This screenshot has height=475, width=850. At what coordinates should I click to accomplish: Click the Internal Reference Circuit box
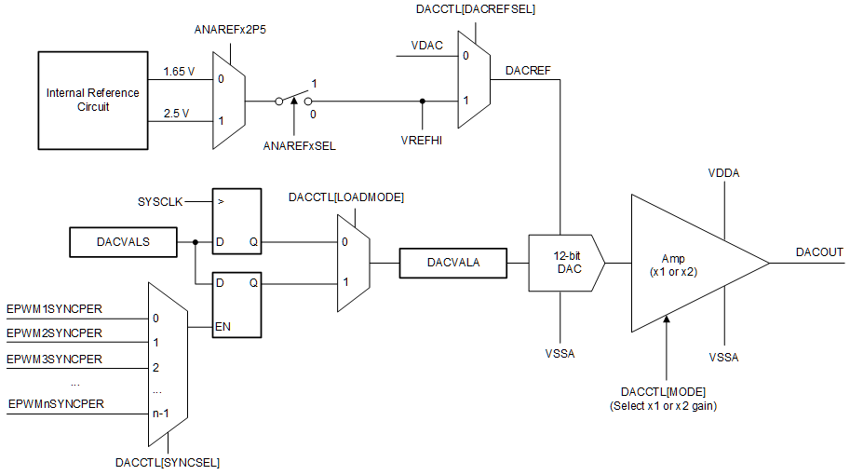pos(93,100)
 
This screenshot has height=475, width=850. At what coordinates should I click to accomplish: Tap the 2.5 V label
pos(176,114)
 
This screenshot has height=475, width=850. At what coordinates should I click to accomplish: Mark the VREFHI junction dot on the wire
pos(423,101)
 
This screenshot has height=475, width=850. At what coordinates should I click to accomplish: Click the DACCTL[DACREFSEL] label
pos(477,8)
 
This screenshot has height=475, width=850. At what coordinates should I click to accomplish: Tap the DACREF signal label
pos(527,70)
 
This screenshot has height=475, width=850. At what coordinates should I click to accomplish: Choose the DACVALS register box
pos(123,242)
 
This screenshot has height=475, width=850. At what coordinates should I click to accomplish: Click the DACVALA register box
pos(452,264)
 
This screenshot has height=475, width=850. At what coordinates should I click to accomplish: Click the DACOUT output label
pos(819,251)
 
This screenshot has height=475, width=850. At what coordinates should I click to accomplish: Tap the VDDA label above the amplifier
pos(723,172)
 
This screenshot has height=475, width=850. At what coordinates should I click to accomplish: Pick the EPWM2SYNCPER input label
pos(54,332)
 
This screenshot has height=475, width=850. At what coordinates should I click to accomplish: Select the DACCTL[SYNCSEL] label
pos(168,461)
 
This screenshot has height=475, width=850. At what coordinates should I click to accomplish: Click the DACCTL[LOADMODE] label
pos(346,197)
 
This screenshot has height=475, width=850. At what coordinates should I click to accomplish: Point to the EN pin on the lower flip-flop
pos(224,326)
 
